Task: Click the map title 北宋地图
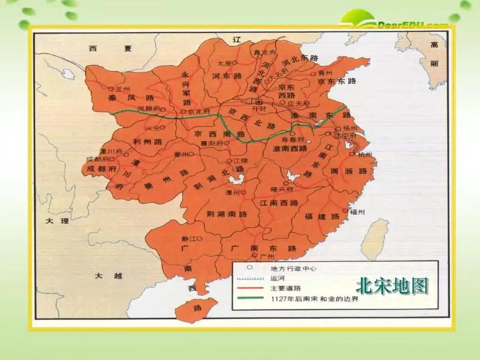[392, 286]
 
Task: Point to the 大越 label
[108, 276]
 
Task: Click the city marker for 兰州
[111, 89]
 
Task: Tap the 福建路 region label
[322, 216]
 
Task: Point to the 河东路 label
[227, 76]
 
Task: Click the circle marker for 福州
[345, 211]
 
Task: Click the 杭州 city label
[365, 154]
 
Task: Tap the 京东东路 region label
[336, 81]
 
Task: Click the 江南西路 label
[279, 203]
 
